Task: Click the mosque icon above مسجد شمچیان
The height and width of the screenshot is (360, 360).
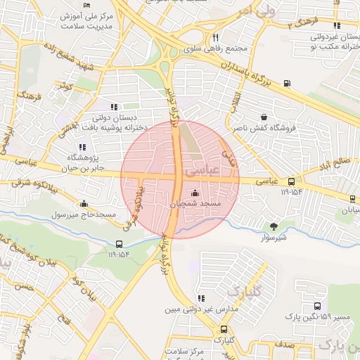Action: click(x=195, y=193)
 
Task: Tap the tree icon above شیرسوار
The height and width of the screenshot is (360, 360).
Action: click(x=274, y=226)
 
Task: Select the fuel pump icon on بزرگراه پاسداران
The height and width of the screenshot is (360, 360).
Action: click(x=286, y=84)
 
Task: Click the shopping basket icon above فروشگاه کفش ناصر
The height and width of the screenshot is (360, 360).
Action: click(x=263, y=117)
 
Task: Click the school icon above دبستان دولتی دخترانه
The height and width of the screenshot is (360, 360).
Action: click(x=115, y=108)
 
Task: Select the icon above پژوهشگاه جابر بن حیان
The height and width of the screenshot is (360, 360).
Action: click(x=82, y=148)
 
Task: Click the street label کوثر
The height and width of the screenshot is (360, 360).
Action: click(x=67, y=86)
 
